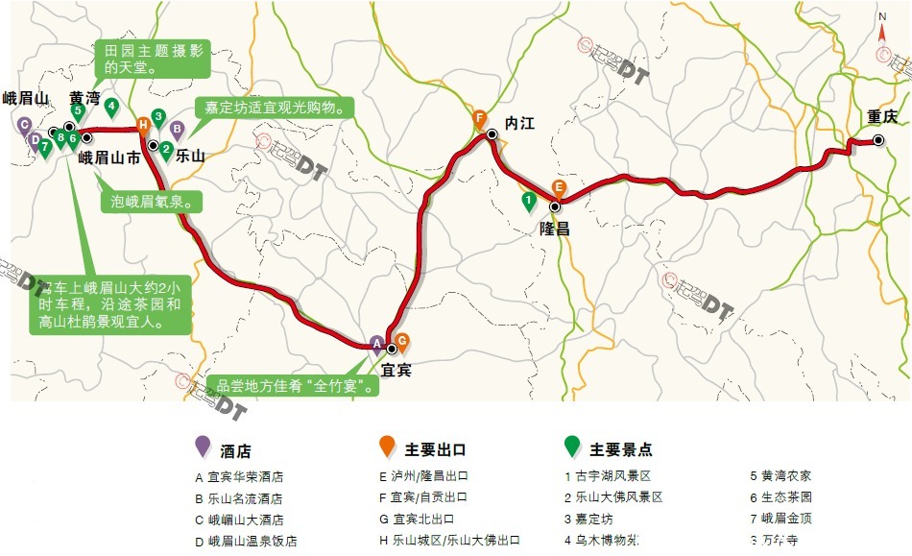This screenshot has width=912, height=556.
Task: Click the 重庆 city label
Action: click(881, 117)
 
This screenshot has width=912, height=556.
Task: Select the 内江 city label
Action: click(519, 123)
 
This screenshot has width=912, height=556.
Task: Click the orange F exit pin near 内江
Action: click(480, 119)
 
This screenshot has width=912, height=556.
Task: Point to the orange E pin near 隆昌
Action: click(559, 188)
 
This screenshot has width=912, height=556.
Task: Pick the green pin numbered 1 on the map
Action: click(527, 201)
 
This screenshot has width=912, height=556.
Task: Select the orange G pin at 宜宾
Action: click(403, 340)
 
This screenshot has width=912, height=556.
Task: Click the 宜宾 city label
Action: click(396, 369)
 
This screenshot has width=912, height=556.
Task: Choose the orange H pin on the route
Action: click(143, 123)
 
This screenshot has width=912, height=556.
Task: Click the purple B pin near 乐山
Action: click(177, 128)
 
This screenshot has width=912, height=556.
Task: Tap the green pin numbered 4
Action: click(111, 107)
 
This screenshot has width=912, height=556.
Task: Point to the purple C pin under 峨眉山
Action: click(25, 124)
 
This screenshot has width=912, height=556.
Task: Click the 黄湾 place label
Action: click(84, 98)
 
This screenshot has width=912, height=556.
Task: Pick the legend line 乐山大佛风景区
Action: click(620, 497)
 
